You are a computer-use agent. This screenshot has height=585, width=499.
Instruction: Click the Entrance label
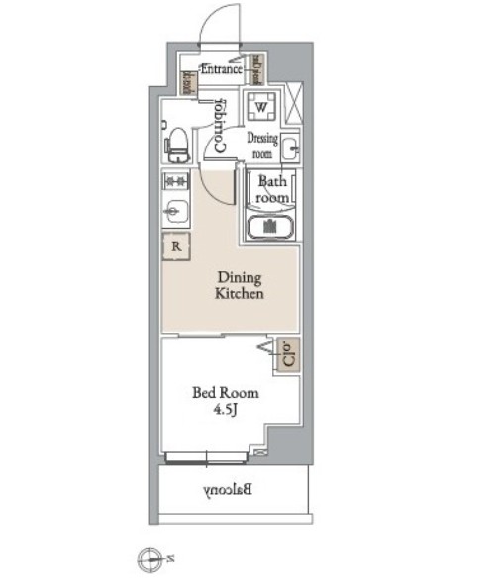pyautogui.click(x=223, y=69)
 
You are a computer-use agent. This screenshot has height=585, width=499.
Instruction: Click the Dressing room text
pyautogui.click(x=262, y=146)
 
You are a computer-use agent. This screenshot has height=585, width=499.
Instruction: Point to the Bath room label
pyautogui.click(x=272, y=189)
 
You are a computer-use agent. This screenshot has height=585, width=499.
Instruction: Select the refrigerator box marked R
pyautogui.click(x=176, y=246)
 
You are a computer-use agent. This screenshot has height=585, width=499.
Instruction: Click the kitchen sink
pyautogui.click(x=175, y=211)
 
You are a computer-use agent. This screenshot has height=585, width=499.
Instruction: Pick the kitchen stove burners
pyautogui.click(x=175, y=181)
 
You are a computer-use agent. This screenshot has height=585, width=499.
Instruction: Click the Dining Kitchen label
pyautogui.click(x=239, y=286)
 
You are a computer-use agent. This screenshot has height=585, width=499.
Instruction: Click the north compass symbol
pyautogui.click(x=149, y=559)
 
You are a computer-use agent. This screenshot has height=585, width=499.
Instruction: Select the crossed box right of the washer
pyautogui.click(x=293, y=103)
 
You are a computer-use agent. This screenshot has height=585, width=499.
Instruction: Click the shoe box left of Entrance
pyautogui.click(x=185, y=83)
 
